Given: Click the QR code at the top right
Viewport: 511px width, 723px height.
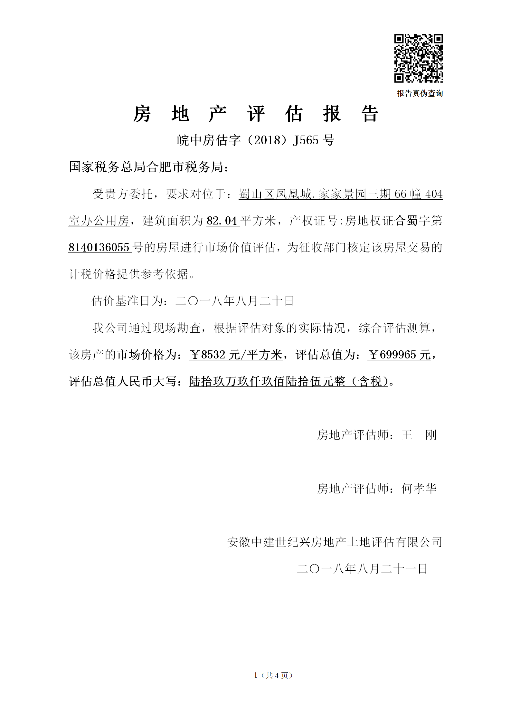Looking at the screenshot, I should point(419,58).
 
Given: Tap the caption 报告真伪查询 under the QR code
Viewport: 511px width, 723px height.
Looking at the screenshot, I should point(420,93).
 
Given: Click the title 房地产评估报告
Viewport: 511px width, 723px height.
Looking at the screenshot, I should point(256,114).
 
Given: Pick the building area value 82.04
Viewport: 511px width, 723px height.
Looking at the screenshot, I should point(222,221).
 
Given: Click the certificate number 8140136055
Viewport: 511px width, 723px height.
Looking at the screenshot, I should point(99,248).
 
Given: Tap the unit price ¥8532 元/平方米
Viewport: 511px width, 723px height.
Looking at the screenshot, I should point(236,355).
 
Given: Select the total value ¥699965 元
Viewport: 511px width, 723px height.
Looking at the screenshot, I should point(399,355).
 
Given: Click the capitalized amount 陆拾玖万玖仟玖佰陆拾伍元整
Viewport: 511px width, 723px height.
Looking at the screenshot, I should point(267,382).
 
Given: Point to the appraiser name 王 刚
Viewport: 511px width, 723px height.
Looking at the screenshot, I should point(419,435).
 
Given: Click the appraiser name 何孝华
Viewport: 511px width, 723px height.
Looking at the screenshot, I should point(419,489).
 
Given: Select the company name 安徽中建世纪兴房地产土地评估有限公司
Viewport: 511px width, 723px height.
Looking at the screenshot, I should point(335,542).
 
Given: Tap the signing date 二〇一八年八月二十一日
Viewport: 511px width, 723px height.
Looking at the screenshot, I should point(362,569).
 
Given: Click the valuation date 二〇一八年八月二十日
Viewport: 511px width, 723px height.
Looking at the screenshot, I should point(234,301).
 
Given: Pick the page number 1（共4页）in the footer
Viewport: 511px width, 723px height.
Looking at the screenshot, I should point(273,676).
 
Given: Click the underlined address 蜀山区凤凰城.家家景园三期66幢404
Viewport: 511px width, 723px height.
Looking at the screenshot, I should point(341,194).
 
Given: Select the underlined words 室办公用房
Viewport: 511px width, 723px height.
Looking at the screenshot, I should point(99,221).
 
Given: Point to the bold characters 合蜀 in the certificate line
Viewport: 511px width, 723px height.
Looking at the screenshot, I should point(406,221).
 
